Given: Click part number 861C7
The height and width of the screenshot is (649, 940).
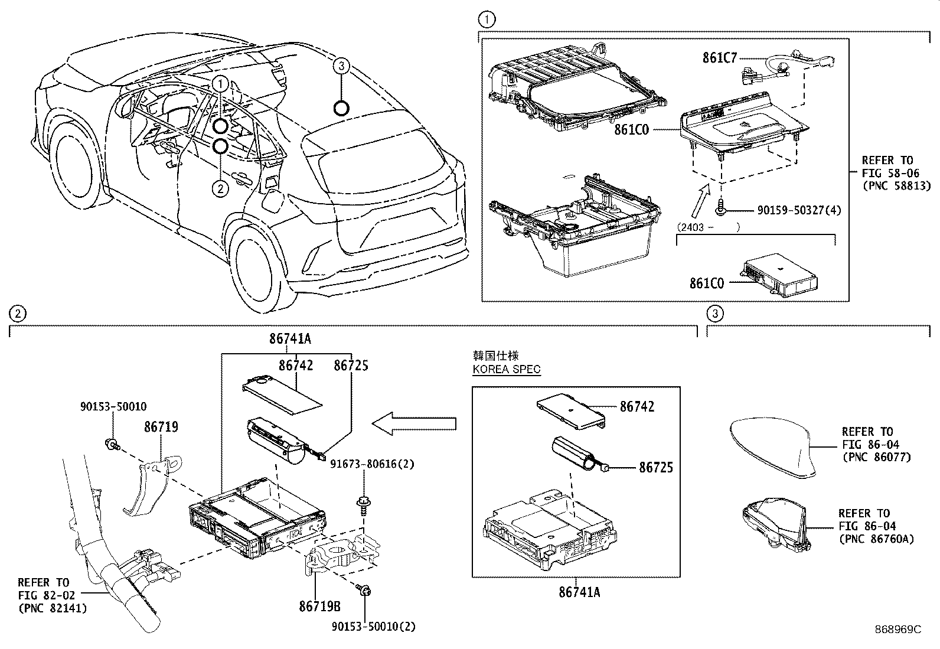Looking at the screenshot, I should point(720,58).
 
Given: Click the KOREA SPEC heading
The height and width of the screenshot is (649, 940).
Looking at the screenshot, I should point(507,370).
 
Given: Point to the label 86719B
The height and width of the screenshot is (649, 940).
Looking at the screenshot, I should point(319,606).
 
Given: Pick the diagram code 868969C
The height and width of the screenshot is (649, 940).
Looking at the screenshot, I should point(897,630).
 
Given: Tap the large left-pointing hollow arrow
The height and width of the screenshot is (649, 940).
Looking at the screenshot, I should point(414,423).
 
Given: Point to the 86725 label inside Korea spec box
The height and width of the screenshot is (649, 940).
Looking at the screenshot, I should point(655,468).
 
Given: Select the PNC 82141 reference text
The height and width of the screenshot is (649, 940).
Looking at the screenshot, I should point(53,608).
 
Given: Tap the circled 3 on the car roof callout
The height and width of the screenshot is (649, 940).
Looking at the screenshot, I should point(341,66).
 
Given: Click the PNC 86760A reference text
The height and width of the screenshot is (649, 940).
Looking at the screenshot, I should point(876,539).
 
